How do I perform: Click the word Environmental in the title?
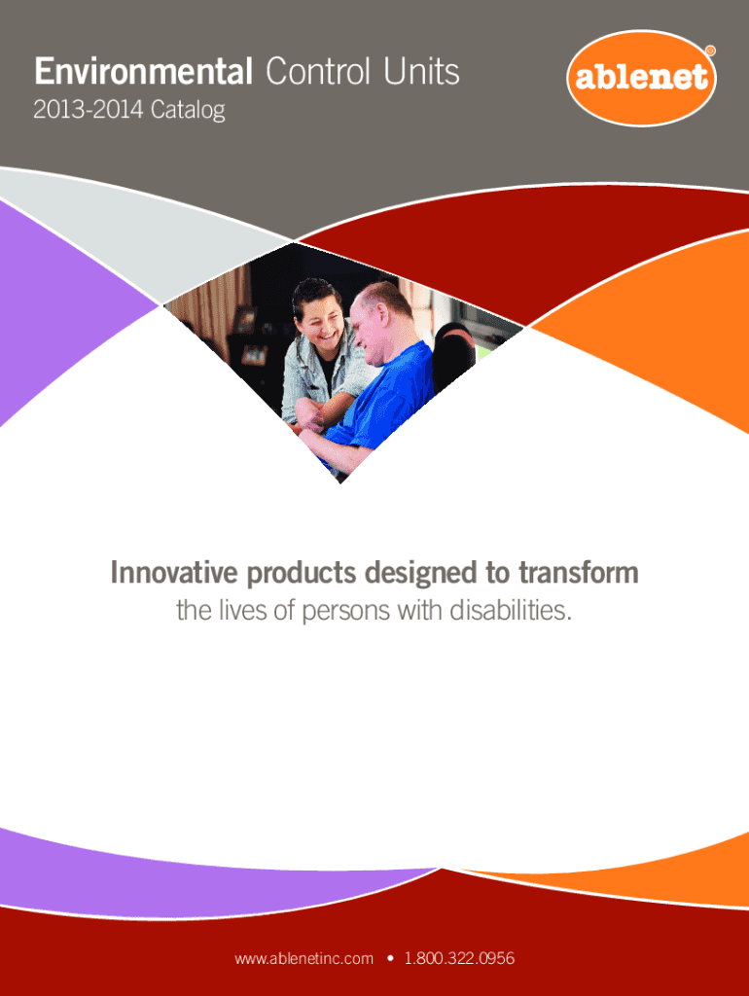click(144, 71)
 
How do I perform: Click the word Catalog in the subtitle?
click(188, 111)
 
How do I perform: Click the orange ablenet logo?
click(641, 78)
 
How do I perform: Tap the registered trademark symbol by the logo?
click(710, 51)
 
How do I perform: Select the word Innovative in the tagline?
click(173, 572)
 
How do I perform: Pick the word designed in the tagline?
click(420, 574)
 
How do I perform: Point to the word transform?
click(579, 572)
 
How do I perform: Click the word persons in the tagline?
click(345, 612)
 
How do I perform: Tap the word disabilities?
click(511, 610)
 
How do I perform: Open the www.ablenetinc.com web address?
click(303, 958)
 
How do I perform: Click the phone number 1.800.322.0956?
click(459, 958)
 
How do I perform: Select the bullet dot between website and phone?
click(389, 958)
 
